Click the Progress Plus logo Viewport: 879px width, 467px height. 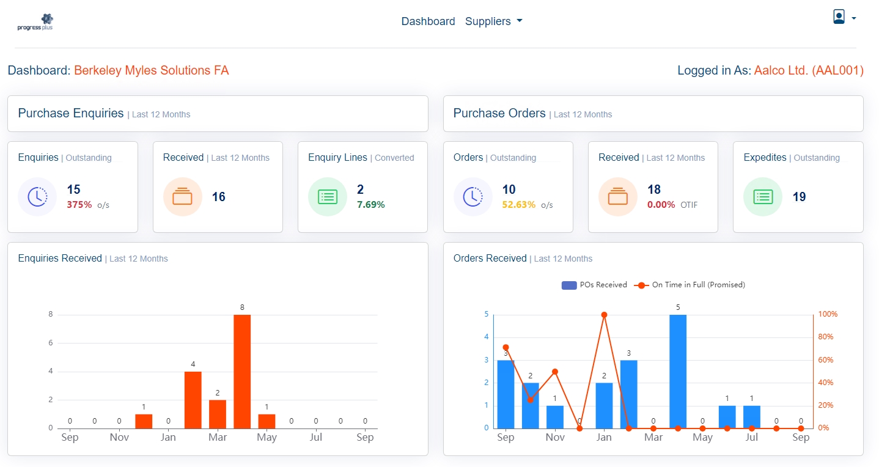[x=35, y=22]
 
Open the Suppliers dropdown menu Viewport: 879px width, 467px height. [x=493, y=21]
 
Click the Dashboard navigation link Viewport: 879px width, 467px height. [x=428, y=21]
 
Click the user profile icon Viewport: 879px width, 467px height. [x=839, y=17]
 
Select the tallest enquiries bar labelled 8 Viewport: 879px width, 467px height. [x=242, y=371]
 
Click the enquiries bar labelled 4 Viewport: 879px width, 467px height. [x=193, y=399]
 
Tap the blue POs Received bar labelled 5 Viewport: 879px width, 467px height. [x=678, y=371]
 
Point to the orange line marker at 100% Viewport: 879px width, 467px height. [x=604, y=315]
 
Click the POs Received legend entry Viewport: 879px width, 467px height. [x=594, y=285]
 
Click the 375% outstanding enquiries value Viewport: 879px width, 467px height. [x=79, y=205]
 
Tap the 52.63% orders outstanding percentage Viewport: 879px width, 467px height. [x=518, y=205]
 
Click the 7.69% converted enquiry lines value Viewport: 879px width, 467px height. [x=370, y=205]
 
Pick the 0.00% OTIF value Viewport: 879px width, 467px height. [x=661, y=205]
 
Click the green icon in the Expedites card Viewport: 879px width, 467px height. [x=763, y=197]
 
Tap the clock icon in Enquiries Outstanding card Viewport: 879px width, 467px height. [x=37, y=197]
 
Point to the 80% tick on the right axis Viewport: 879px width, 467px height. [x=826, y=337]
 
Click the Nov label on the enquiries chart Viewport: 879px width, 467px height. [x=119, y=438]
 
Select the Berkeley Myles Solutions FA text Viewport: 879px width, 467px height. [x=152, y=70]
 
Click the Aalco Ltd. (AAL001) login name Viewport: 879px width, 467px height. [x=808, y=70]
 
